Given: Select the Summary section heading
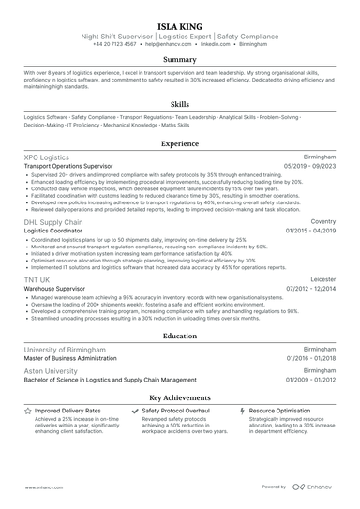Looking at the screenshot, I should pyautogui.click(x=180, y=58).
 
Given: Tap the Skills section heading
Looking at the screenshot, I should pyautogui.click(x=180, y=105).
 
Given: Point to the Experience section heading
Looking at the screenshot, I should pyautogui.click(x=180, y=144).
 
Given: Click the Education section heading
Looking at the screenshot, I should pyautogui.click(x=180, y=334).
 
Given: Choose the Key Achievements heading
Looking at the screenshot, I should pyautogui.click(x=180, y=398).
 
